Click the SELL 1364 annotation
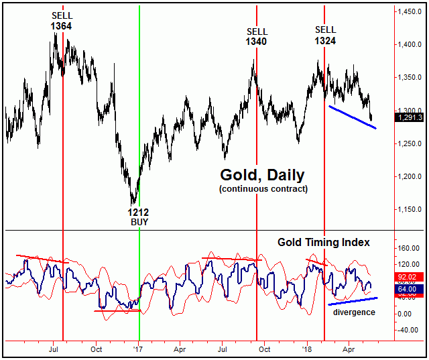(60, 20)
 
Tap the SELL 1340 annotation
(257, 36)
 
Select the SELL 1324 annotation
(326, 35)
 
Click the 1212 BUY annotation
(139, 216)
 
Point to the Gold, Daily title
(262, 175)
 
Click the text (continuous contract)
(262, 189)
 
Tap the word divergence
(355, 312)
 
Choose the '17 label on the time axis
(139, 349)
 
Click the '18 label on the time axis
(307, 349)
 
